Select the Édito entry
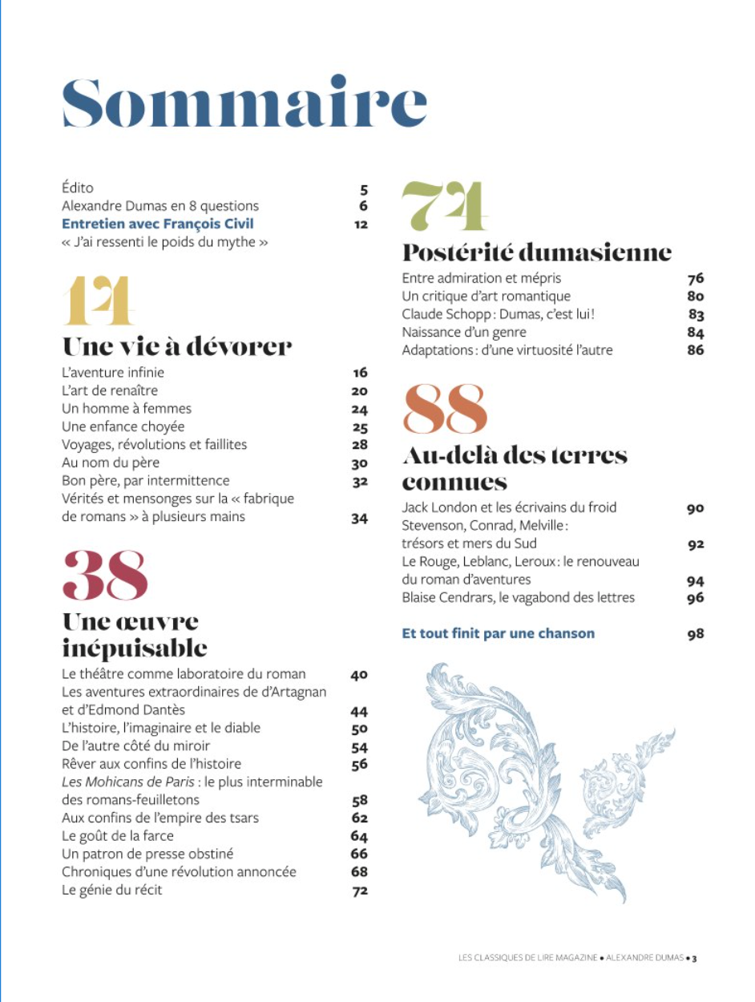(78, 188)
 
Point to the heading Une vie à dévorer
(177, 346)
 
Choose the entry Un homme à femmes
(127, 409)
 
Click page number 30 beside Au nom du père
(359, 463)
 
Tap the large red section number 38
(105, 575)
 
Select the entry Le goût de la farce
(118, 836)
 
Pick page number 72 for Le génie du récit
(360, 891)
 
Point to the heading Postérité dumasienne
(536, 253)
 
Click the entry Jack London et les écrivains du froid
(509, 507)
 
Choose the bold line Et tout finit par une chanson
(498, 633)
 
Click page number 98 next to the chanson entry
(695, 634)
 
